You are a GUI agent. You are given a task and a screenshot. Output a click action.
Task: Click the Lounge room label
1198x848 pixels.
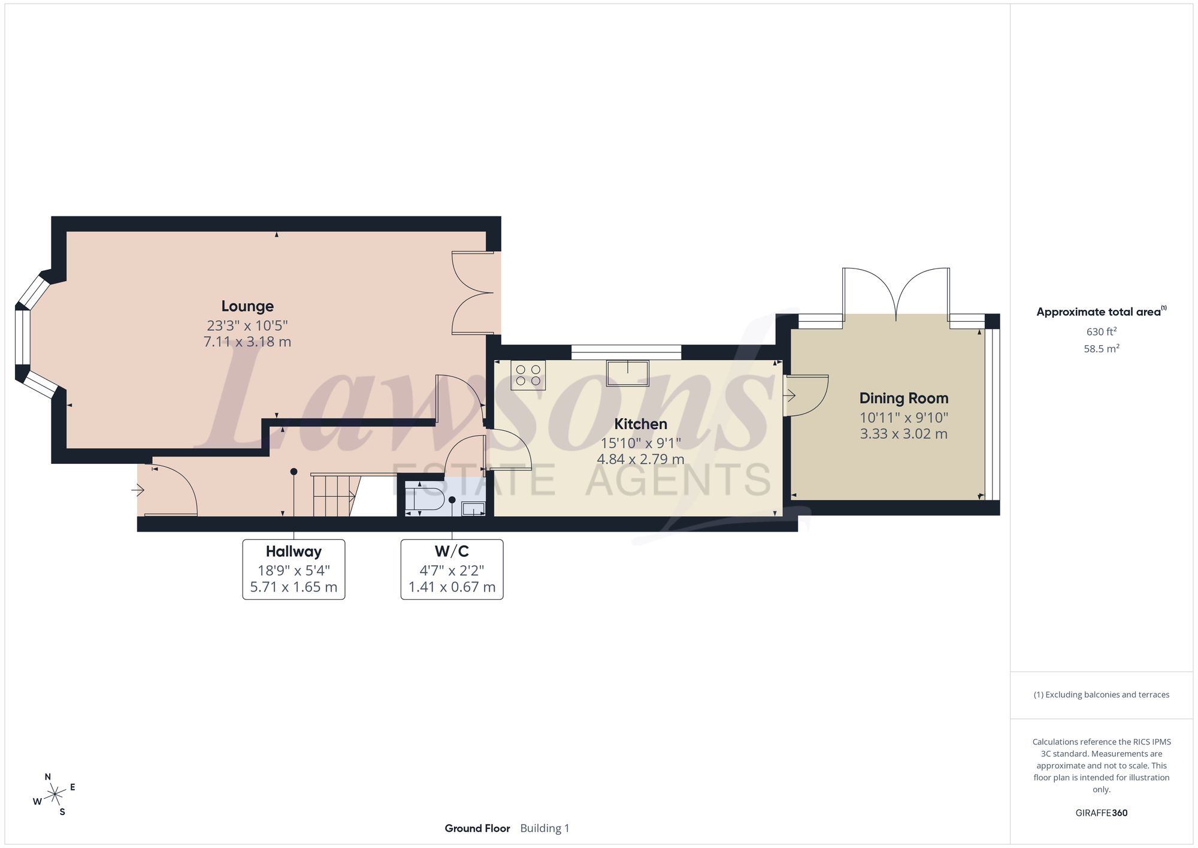[247, 306]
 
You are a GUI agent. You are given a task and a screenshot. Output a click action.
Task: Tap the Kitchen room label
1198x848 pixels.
[640, 424]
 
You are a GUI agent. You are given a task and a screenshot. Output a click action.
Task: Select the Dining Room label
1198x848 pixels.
[904, 399]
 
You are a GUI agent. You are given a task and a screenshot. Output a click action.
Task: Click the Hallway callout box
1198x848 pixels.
[294, 569]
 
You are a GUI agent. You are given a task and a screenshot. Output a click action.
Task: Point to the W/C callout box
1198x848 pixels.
[452, 569]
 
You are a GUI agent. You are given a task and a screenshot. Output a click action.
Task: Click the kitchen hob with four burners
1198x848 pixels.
[528, 375]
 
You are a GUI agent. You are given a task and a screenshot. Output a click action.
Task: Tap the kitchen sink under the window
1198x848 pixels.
[627, 373]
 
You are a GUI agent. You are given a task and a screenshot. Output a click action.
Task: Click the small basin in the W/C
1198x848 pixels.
[473, 509]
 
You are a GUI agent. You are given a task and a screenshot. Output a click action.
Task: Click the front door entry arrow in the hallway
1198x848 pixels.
[138, 491]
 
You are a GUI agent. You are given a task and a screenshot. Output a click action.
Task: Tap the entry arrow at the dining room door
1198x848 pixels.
[789, 396]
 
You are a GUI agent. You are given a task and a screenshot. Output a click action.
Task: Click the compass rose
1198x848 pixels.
[55, 795]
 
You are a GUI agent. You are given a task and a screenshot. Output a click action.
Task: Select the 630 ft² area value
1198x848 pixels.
[1102, 331]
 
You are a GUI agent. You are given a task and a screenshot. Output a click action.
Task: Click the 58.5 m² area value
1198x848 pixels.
[1102, 348]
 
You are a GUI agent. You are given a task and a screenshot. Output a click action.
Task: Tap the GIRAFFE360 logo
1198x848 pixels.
[1102, 813]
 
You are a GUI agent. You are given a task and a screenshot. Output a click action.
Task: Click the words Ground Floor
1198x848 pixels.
[477, 828]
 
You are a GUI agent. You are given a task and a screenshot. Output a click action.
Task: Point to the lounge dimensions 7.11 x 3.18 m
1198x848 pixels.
[247, 342]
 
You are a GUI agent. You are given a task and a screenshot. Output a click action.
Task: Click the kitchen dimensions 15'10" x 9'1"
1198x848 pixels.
[641, 443]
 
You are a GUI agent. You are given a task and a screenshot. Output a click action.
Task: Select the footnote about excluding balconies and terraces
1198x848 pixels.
[1102, 695]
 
